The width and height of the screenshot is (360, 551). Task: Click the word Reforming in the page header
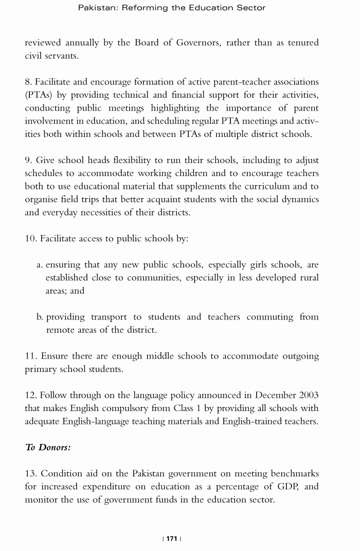[146, 8]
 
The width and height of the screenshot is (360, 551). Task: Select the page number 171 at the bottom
[172, 538]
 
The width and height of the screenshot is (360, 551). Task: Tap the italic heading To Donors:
[48, 447]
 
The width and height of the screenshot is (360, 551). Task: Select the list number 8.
[29, 82]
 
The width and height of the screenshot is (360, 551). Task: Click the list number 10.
[31, 239]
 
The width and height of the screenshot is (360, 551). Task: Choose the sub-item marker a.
[40, 265]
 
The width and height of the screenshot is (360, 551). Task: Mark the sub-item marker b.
[40, 317]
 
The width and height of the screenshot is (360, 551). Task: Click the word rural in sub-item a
[308, 278]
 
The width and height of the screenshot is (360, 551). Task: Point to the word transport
[109, 317]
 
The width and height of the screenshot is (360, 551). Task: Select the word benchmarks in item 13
[293, 473]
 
